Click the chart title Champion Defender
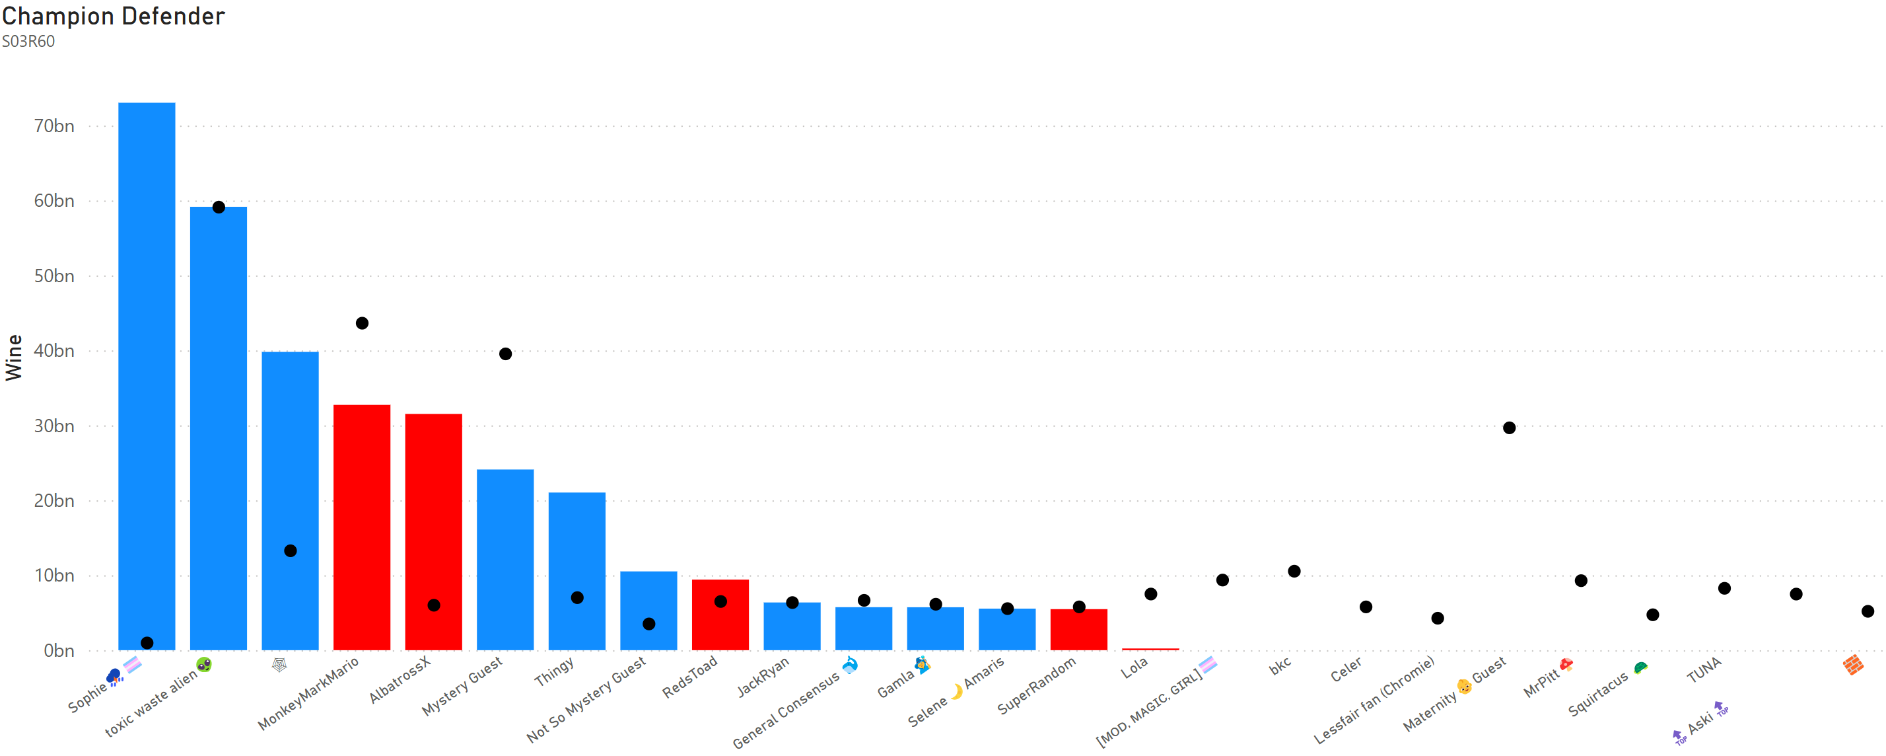pos(113,16)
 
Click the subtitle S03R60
pos(28,42)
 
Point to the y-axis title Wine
pos(14,358)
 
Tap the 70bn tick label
pos(54,126)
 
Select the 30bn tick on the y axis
pos(54,426)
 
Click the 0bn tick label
pos(59,650)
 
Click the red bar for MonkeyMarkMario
pos(362,527)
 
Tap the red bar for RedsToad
pos(720,615)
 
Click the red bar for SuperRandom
pos(1078,630)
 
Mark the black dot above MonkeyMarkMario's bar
pos(362,323)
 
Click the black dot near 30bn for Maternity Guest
pos(1509,428)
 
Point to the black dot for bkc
pos(1294,572)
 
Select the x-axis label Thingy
pos(554,672)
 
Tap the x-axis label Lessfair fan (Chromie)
pos(1374,700)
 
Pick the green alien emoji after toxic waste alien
pos(203,664)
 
